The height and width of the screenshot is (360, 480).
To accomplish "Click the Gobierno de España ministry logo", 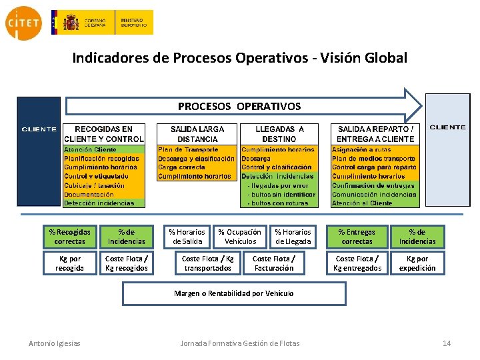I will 101,23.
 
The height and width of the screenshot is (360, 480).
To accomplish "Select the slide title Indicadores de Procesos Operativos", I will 239,58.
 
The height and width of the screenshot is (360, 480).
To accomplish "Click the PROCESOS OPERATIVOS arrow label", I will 239,106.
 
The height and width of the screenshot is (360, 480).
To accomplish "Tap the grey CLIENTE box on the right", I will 447,150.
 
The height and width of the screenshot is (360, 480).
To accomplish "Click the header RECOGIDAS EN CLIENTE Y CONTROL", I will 103,134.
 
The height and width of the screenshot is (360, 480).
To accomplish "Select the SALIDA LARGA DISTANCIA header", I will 197,134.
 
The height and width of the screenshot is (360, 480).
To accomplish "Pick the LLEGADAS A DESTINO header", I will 279,134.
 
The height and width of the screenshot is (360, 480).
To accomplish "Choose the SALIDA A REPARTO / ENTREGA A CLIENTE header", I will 375,134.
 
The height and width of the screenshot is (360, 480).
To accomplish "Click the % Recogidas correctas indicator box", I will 70,237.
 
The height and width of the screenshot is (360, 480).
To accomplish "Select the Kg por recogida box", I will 70,263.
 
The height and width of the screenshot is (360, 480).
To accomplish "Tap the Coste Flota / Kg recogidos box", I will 127,263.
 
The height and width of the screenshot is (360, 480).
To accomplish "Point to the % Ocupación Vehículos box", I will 240,237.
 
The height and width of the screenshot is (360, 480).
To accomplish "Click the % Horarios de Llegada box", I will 293,237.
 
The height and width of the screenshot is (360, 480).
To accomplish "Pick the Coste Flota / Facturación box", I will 273,263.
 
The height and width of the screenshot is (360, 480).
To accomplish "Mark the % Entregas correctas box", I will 357,237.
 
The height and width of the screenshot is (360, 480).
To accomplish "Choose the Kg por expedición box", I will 417,263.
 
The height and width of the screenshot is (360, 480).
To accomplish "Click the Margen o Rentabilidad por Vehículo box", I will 234,293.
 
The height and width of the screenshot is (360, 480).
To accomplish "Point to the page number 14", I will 447,343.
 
